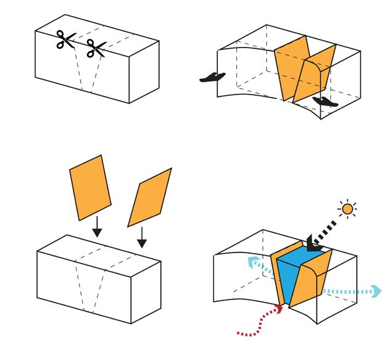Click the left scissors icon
64,41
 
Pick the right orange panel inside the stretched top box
314,73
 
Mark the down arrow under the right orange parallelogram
141,237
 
